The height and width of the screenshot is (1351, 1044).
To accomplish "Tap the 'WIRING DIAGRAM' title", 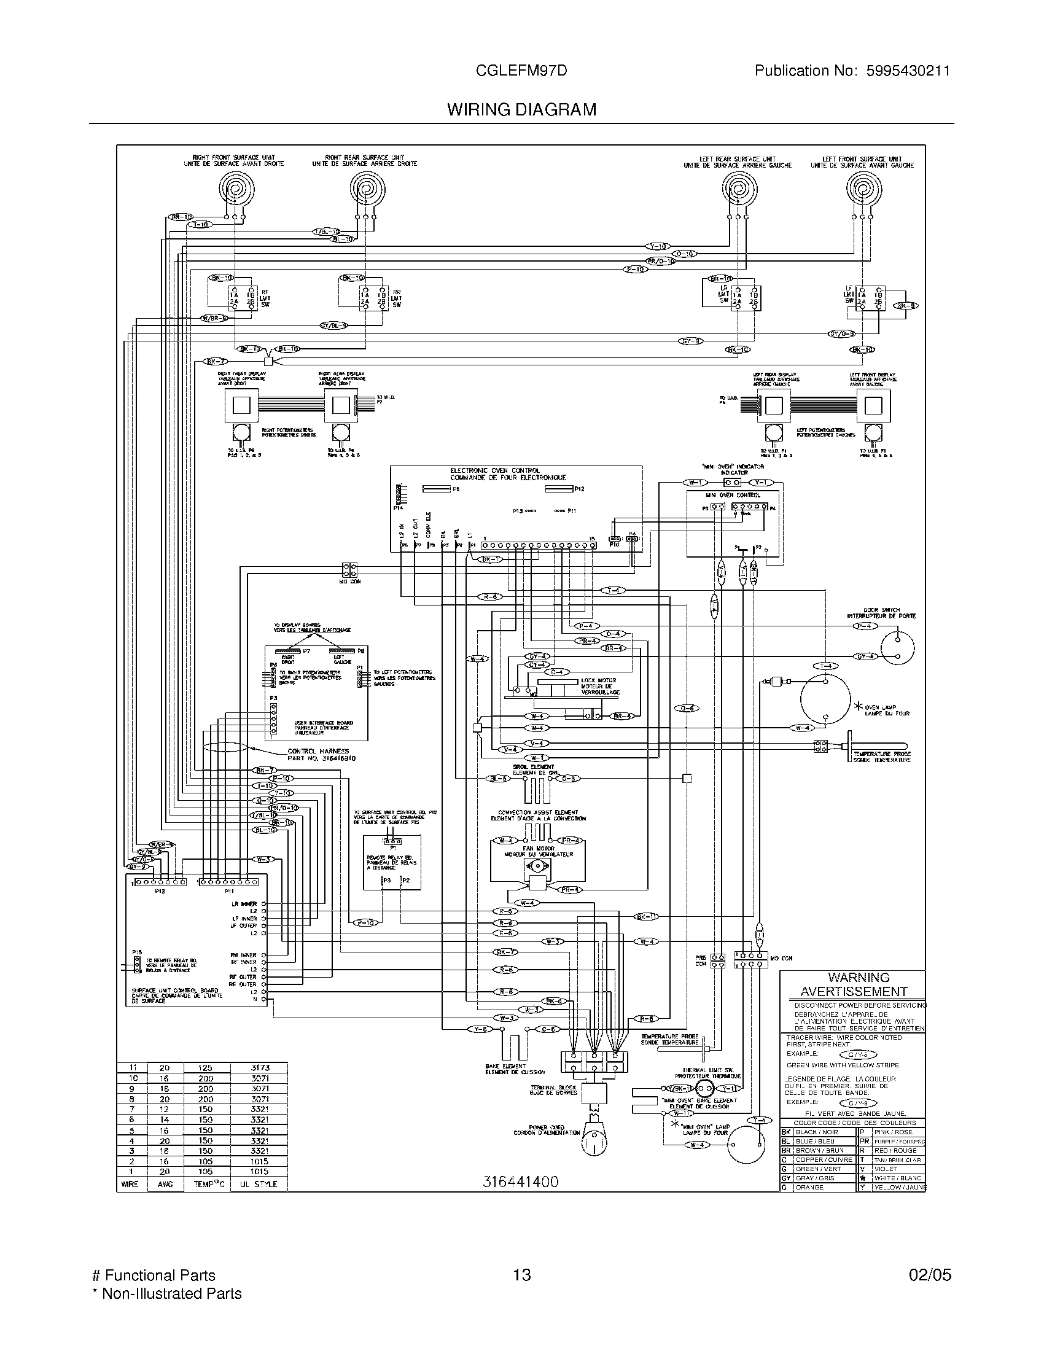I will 521,109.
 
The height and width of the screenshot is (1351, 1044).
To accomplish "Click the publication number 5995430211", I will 903,71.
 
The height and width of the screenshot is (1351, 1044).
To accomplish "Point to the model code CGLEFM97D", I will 521,71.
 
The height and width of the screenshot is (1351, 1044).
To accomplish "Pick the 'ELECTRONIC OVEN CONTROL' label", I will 495,471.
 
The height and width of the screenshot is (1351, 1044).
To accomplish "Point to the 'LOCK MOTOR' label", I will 598,680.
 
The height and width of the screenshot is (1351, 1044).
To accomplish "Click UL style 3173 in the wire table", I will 260,1068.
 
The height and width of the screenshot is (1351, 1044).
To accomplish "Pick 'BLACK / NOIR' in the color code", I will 816,1132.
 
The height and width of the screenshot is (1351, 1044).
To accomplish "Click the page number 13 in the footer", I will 522,1275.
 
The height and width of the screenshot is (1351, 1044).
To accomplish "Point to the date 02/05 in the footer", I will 930,1275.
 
